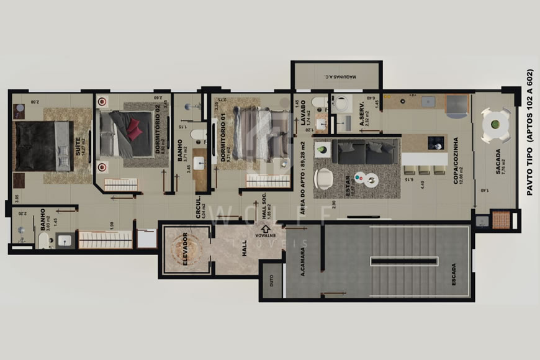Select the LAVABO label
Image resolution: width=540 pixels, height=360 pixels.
click(304, 113)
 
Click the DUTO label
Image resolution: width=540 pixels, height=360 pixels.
click(271, 281)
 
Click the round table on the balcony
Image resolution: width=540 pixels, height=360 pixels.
click(496, 125)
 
